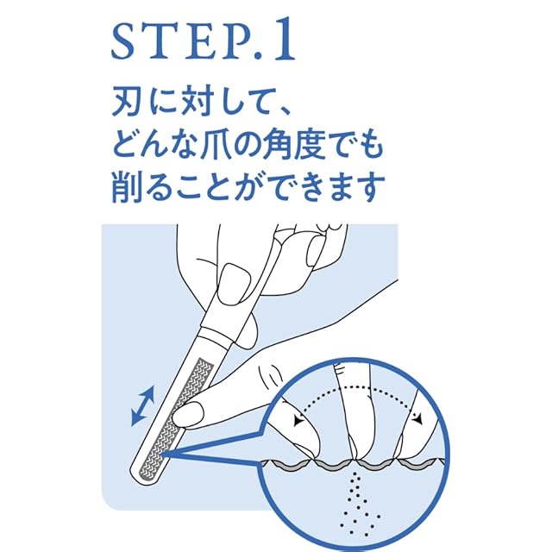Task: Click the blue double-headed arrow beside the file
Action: (x=143, y=406)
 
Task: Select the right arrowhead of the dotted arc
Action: (x=417, y=418)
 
